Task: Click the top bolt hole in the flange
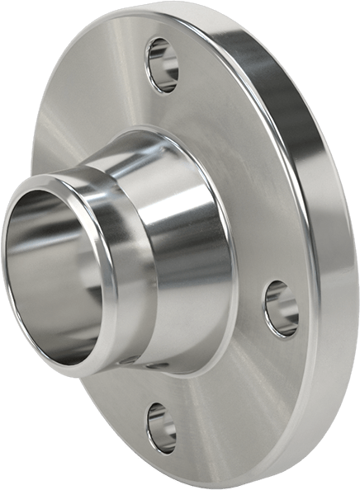coord(162,64)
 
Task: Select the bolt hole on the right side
coord(281,309)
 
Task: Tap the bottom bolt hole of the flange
coord(161,427)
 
